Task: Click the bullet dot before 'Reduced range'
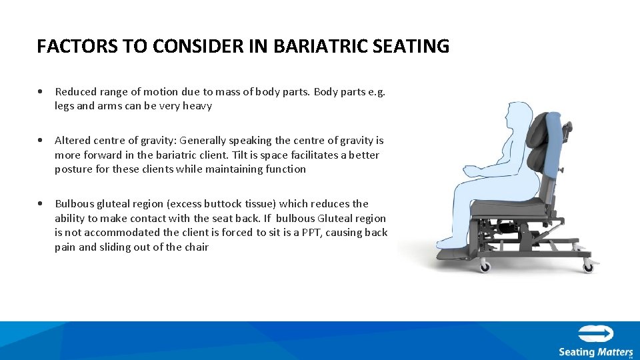tap(41, 91)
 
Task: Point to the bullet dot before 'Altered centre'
tap(41, 141)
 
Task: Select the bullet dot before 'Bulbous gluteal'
tap(41, 204)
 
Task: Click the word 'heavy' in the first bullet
tap(197, 106)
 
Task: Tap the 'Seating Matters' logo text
tap(595, 351)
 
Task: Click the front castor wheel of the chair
tap(485, 267)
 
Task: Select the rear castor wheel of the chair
tap(588, 267)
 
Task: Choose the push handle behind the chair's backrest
tap(567, 127)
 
